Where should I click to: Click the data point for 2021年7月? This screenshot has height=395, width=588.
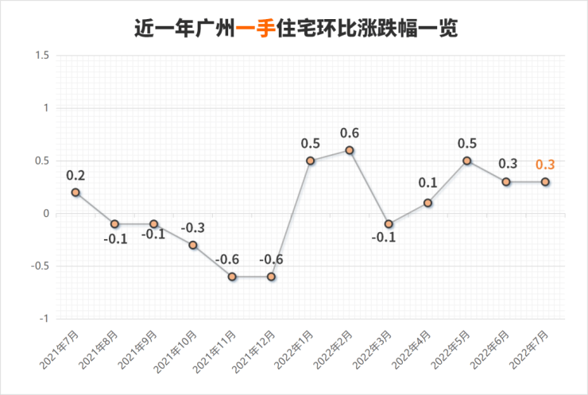75,192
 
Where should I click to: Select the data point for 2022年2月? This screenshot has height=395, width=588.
350,150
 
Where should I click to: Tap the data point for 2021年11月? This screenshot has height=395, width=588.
232,277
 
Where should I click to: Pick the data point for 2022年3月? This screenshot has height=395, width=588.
389,224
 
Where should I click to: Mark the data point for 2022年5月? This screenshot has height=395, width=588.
467,161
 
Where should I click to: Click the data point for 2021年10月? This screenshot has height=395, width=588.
193,245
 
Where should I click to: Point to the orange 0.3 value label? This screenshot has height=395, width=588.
545,165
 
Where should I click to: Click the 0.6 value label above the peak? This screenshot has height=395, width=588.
350,133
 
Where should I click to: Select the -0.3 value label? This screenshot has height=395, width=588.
193,228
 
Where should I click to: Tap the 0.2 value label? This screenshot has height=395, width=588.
75,175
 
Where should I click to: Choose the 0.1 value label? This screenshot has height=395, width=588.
427,184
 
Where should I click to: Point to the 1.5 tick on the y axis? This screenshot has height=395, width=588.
42,56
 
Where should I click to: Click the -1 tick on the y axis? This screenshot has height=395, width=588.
44,319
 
